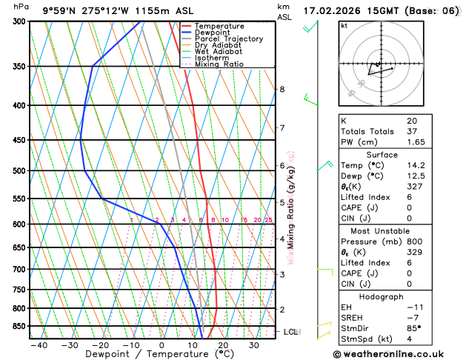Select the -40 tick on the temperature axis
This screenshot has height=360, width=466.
coord(39,345)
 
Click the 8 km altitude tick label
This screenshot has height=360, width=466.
coord(282,90)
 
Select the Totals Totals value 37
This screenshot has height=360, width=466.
coord(411,131)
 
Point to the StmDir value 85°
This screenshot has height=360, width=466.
coord(414,328)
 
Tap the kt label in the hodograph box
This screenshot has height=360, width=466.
coord(344,26)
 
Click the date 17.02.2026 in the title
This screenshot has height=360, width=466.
coord(337,10)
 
